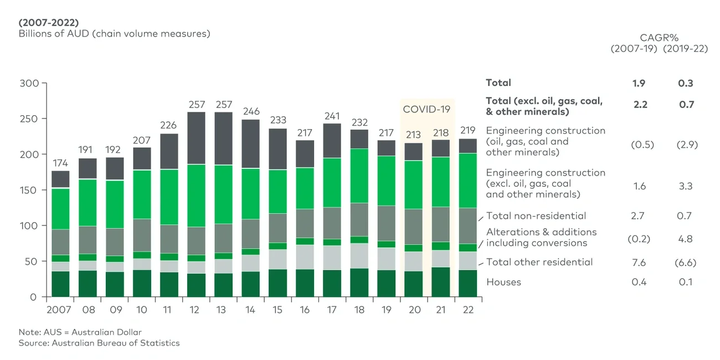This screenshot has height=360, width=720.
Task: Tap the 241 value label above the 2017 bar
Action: (x=331, y=116)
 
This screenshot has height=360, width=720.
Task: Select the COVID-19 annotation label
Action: (x=426, y=109)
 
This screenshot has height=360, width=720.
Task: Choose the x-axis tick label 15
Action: (x=277, y=310)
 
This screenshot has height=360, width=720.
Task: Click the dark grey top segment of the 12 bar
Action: (x=196, y=138)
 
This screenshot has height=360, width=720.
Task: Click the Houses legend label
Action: (x=503, y=282)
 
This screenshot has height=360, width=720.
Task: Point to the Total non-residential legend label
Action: (x=536, y=216)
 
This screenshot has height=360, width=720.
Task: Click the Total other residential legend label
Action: (x=539, y=262)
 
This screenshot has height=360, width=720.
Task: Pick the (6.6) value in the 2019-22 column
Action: (x=686, y=263)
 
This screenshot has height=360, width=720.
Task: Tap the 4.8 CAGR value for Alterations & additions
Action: (x=686, y=239)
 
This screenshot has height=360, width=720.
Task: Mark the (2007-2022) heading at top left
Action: (x=49, y=23)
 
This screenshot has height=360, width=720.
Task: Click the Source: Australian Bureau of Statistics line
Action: (x=99, y=343)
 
